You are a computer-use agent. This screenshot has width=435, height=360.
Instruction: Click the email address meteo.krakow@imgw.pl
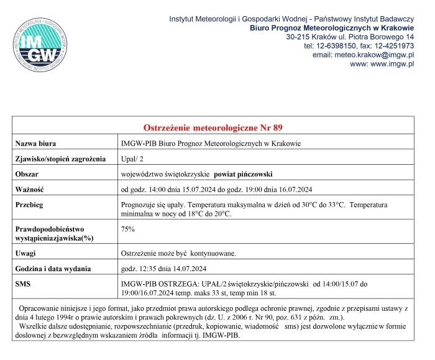(x=363, y=55)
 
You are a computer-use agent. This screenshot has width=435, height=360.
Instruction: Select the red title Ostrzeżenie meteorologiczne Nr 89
(x=213, y=127)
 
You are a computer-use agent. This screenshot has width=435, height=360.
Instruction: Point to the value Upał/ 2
(x=133, y=159)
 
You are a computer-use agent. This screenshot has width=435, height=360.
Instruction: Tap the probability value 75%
(x=127, y=229)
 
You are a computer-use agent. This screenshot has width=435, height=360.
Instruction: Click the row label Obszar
(x=28, y=173)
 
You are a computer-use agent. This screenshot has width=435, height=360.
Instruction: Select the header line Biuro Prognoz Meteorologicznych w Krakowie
(x=331, y=28)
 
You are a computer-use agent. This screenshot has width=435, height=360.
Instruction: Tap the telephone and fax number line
(x=359, y=46)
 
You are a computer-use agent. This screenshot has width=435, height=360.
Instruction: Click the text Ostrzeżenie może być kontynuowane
(x=178, y=253)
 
